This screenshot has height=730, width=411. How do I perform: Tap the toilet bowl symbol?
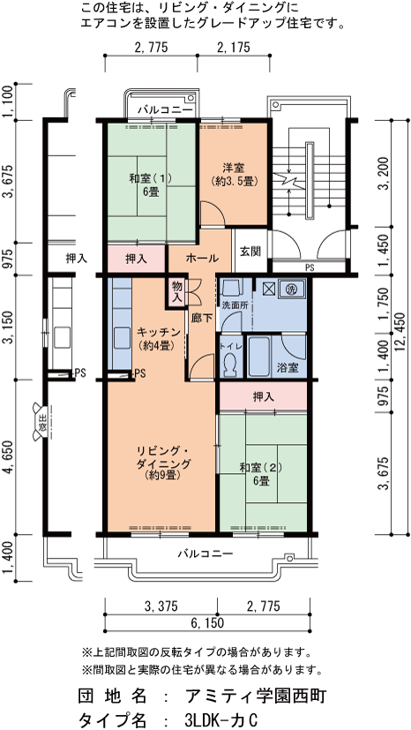point(228,365)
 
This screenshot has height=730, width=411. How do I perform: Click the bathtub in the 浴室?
point(259,357)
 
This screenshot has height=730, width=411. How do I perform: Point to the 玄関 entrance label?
point(250,252)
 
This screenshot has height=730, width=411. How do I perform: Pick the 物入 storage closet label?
point(176,292)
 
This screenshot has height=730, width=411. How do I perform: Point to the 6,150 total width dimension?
point(208,623)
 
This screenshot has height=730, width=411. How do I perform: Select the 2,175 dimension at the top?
point(233,47)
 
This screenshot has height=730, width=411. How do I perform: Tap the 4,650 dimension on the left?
point(8,456)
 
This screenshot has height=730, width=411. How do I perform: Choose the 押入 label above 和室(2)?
point(263,396)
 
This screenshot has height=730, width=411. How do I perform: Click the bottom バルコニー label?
point(205,554)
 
